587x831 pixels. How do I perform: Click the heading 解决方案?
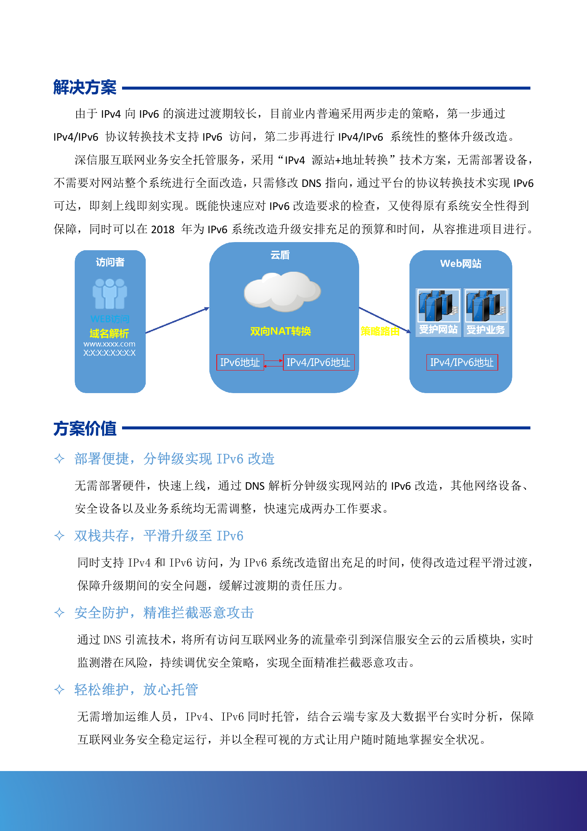85,87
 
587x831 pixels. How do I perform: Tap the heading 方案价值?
85,428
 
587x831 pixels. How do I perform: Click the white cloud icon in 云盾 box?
282,291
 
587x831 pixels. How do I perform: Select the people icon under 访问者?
109,294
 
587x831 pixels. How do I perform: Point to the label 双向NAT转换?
280,331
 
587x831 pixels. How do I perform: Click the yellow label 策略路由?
380,331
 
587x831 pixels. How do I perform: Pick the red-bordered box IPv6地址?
240,362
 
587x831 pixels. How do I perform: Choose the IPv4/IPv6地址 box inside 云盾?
318,362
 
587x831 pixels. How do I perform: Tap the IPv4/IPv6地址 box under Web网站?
462,362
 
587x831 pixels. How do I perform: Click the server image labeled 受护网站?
438,306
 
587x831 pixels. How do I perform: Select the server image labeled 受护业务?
486,306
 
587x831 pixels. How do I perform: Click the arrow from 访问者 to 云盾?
178,320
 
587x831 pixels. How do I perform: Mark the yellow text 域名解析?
109,334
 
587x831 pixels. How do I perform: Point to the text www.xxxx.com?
109,344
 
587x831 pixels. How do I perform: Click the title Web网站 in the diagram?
461,264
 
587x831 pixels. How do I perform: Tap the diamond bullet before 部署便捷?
59,459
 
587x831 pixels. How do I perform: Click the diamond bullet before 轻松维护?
59,690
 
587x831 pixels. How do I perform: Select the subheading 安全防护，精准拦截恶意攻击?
164,613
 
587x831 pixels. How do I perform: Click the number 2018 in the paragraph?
163,229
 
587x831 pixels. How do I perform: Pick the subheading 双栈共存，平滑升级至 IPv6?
159,536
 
